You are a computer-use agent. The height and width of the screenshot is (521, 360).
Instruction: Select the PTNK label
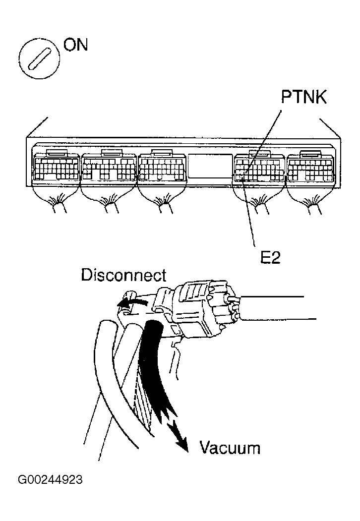pos(303,97)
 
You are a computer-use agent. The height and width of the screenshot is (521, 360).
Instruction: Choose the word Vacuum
pos(230,448)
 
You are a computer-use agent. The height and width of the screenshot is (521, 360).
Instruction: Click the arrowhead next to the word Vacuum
pos(181,444)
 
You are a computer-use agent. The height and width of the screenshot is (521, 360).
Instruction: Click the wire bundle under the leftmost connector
pos(58,203)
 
